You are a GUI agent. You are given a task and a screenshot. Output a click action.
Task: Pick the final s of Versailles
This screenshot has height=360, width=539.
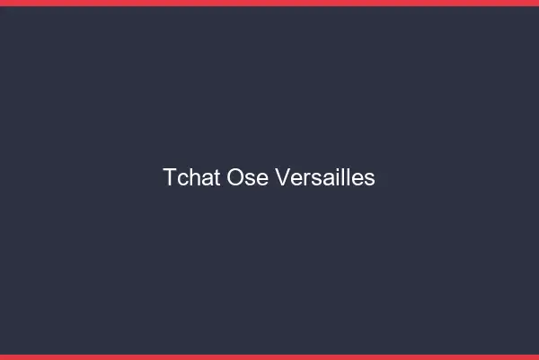(369, 179)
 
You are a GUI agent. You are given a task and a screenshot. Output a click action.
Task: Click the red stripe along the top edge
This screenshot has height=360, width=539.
(269, 3)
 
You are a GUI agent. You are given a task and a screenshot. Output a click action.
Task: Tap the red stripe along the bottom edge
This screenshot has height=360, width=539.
(269, 356)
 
